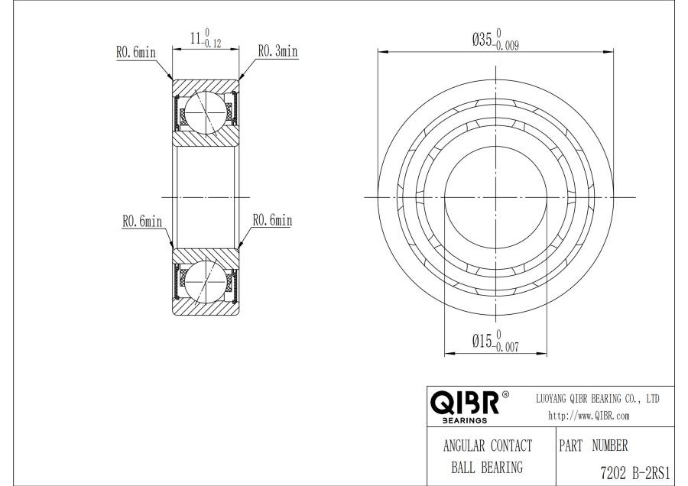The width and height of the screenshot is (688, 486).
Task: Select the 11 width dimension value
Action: pyautogui.click(x=196, y=38)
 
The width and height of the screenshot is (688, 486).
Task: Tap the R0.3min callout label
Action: pyautogui.click(x=277, y=51)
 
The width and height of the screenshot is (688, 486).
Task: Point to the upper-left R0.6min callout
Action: pyautogui.click(x=136, y=52)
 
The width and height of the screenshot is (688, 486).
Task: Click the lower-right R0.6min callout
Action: pyautogui.click(x=272, y=220)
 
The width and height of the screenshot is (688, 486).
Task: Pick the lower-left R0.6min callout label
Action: pyautogui.click(x=142, y=221)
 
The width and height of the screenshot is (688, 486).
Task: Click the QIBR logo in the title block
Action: pyautogui.click(x=465, y=402)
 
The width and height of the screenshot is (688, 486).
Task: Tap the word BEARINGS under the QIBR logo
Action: pyautogui.click(x=465, y=420)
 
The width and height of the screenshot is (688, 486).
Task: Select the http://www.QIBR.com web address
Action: pyautogui.click(x=589, y=416)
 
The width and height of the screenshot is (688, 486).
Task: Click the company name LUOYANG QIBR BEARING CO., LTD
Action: pyautogui.click(x=598, y=399)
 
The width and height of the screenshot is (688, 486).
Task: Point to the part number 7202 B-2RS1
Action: pyautogui.click(x=635, y=473)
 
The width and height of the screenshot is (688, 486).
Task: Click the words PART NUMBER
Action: pyautogui.click(x=593, y=446)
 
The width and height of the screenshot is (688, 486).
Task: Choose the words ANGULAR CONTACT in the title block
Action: pyautogui.click(x=488, y=446)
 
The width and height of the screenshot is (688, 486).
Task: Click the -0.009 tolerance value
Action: pyautogui.click(x=506, y=46)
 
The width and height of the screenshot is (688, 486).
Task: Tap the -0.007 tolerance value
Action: pyautogui.click(x=506, y=348)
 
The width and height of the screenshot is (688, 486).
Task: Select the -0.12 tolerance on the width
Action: pyautogui.click(x=212, y=44)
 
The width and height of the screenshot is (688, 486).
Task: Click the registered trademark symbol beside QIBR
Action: pyautogui.click(x=505, y=394)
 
